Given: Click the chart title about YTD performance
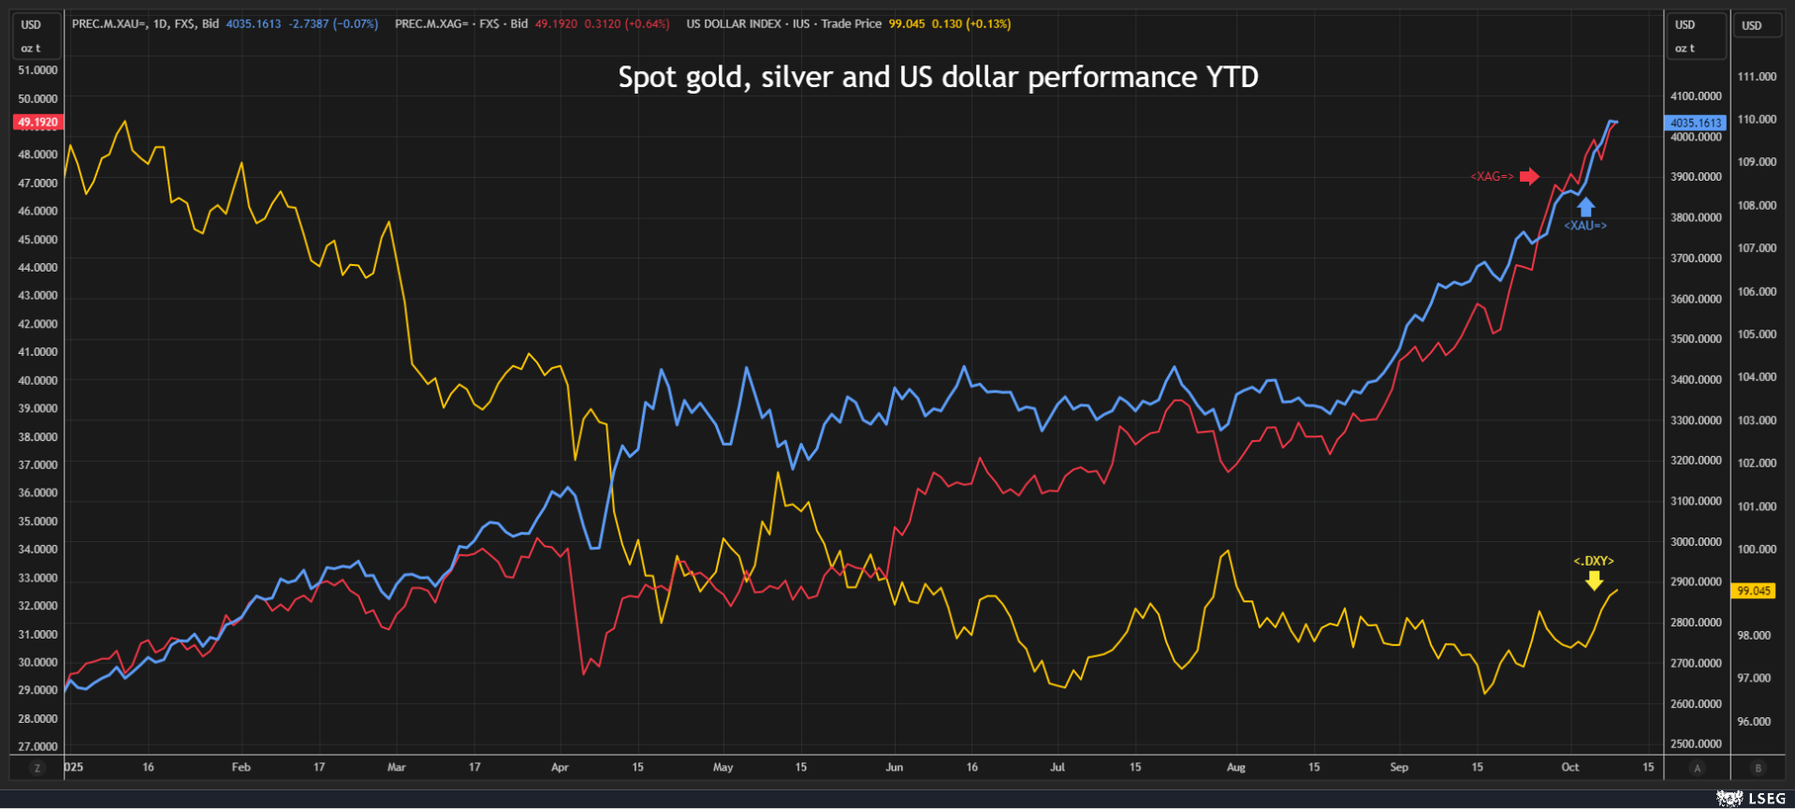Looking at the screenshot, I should coord(938,77).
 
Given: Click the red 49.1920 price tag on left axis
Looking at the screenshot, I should coord(37,122).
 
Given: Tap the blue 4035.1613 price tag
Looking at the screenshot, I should coord(1696,123).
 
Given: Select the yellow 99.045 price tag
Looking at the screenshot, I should coord(1753,591).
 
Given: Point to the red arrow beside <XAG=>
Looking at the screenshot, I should coord(1529,176).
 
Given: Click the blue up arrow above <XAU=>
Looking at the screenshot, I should coord(1585,206).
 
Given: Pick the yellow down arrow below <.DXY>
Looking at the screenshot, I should coord(1594,581).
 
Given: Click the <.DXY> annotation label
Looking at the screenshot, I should coord(1593,561).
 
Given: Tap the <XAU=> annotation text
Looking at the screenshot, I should coord(1584,226).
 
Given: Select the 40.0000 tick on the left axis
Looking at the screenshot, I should coord(37,380).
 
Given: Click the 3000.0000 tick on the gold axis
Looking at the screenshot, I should coord(1696,542).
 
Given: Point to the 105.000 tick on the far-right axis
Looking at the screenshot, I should coord(1757,334).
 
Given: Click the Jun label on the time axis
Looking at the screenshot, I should coord(895,767).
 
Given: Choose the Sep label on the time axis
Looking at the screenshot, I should coord(1399,767).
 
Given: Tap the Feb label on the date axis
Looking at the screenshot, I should coord(241,767).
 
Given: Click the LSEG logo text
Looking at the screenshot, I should coord(1766,799).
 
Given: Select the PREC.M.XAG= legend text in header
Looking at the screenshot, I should coord(431,24).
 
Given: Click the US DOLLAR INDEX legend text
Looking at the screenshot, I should coord(733,24).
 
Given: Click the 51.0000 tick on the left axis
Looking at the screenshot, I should coord(37,70).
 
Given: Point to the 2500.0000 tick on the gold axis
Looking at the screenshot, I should coord(1696,744).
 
